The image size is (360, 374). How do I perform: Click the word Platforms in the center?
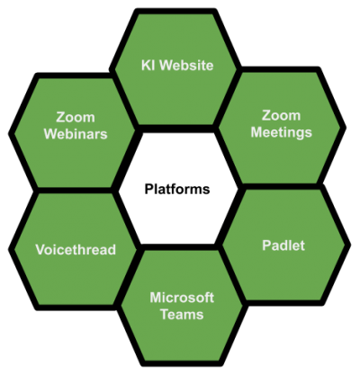pos(177,190)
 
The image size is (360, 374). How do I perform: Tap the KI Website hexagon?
pos(175,69)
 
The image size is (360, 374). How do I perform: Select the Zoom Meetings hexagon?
pos(282,129)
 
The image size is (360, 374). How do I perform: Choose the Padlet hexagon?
pos(286,245)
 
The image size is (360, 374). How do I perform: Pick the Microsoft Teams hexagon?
pos(182,306)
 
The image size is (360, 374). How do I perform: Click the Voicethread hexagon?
pos(75,249)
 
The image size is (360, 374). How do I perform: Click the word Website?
pos(186,66)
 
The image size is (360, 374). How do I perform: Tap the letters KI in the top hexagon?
pos(148,66)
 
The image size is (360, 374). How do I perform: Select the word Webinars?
pos(76,134)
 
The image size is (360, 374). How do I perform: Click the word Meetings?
pos(282,132)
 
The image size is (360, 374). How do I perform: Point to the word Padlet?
pos(283,245)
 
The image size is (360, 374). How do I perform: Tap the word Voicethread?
pos(76,250)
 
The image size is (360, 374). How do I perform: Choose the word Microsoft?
pos(182,298)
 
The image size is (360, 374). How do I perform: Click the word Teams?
pos(182,315)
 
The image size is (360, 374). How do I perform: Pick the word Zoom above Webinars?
pos(76,117)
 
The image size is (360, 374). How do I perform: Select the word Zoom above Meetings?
pos(282,115)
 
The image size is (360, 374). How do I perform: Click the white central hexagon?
pos(178,188)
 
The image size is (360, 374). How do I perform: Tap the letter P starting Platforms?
pos(148,190)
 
